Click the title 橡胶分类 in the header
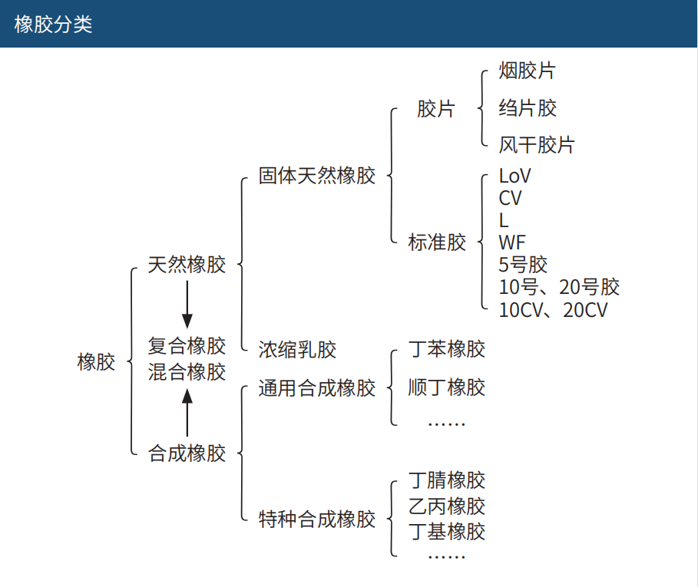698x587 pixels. pos(53,24)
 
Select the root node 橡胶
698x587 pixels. pos(96,361)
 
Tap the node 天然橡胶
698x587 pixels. pos(187,265)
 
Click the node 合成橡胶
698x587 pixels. pos(187,453)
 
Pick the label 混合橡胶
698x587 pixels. pos(187,372)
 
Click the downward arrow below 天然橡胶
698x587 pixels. pos(187,305)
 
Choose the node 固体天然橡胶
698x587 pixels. pos(317,176)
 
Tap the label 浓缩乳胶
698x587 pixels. pos(297,350)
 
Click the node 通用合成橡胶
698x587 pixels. pos(317,387)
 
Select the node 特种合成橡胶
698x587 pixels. pos(317,519)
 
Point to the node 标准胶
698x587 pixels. pos(437,242)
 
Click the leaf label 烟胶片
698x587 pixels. pos(527,71)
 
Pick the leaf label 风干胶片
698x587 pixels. pos(536,145)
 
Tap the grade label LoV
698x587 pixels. pos(514,176)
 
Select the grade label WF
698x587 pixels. pos(512,243)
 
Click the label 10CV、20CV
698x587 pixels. pos(553,310)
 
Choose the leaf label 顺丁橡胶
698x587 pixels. pos(447,387)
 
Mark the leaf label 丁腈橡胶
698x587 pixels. pos(447,481)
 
